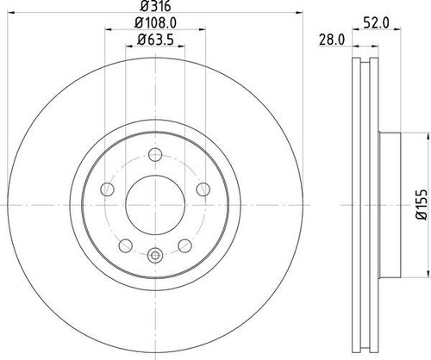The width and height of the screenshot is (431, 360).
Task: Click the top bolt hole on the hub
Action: click(x=155, y=155)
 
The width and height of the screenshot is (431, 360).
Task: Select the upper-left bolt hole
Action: click(x=108, y=189)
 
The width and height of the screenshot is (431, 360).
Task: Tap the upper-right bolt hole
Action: click(x=203, y=189)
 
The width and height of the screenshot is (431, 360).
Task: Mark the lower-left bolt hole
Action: click(x=126, y=245)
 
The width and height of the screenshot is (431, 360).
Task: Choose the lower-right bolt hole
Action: click(x=184, y=245)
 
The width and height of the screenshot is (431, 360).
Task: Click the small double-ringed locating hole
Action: click(x=155, y=255)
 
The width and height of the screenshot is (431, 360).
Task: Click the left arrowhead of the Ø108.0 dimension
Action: click(x=107, y=30)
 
